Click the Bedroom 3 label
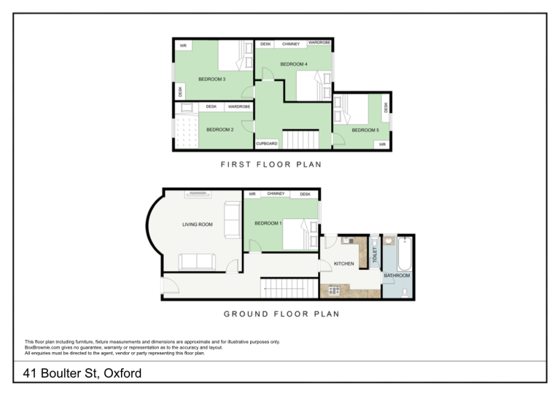(x=211, y=79)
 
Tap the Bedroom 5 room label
(x=365, y=130)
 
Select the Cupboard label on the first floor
(x=266, y=144)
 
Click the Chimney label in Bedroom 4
(x=291, y=44)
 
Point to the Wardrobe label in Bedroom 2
(x=239, y=106)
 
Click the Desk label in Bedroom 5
(x=386, y=107)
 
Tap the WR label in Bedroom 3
(x=183, y=46)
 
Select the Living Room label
(x=198, y=224)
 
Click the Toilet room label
(x=375, y=255)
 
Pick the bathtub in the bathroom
(x=405, y=254)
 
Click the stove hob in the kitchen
(x=334, y=291)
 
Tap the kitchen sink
(x=348, y=241)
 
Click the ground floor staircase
(x=289, y=288)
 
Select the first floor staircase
(x=300, y=139)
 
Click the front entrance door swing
(x=170, y=285)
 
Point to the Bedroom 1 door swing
(x=255, y=246)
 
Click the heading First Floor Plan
(x=271, y=164)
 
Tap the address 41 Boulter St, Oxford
(x=82, y=373)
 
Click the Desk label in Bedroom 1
(x=305, y=194)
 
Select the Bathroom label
(x=397, y=276)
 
